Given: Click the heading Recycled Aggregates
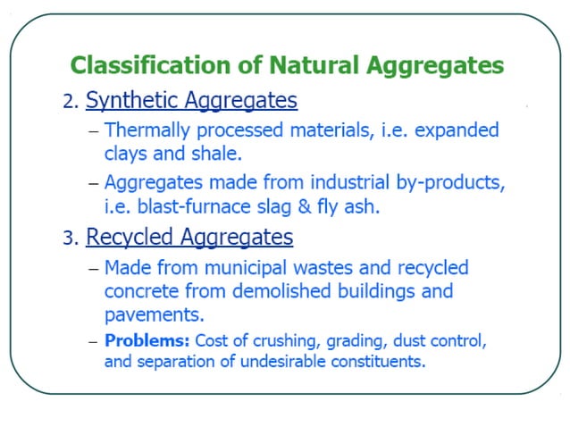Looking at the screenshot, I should coord(189,238).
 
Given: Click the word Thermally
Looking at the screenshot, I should coord(144,130).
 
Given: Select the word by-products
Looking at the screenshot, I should coord(449,183).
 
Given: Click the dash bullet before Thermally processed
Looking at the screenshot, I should coord(93,131).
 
